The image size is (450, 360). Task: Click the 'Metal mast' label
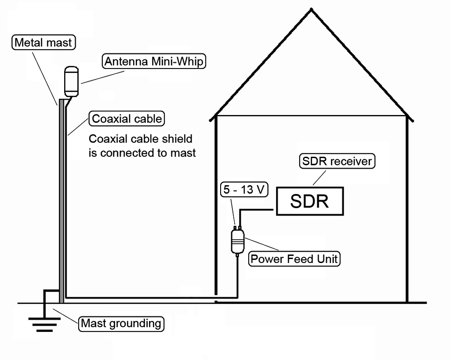tap(43, 43)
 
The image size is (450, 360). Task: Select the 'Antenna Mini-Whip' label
tap(154, 61)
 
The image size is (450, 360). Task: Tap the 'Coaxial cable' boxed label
tap(127, 119)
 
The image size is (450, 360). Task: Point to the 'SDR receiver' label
tap(337, 161)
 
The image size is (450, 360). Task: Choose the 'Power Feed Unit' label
tap(294, 259)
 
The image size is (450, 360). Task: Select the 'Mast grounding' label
tap(121, 324)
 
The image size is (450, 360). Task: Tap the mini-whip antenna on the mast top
tap(71, 81)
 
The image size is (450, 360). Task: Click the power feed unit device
tap(237, 241)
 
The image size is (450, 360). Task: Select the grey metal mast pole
tap(62, 198)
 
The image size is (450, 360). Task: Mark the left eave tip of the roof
tap(212, 119)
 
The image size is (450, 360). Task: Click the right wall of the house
tap(407, 211)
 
